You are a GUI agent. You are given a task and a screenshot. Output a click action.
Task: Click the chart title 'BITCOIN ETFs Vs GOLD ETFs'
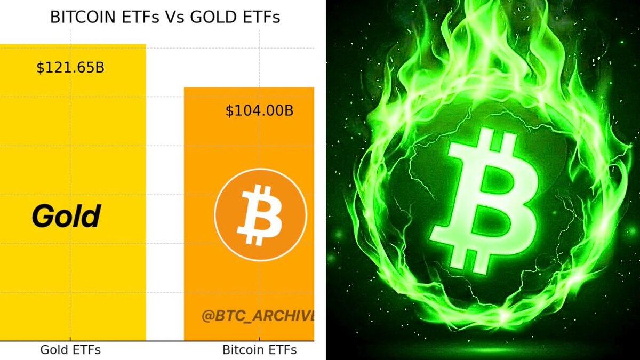165,17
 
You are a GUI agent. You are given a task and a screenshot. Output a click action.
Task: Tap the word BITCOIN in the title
83,17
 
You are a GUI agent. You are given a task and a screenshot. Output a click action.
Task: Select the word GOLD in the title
214,17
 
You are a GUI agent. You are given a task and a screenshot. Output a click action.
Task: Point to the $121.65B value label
70,68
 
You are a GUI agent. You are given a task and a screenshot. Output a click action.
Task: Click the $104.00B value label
259,110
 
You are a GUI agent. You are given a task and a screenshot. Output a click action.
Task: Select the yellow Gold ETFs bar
73,193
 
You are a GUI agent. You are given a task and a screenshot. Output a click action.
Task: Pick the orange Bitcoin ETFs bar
249,214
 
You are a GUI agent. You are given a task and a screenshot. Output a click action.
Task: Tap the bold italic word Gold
66,216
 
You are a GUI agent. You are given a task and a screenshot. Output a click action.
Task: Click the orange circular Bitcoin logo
261,215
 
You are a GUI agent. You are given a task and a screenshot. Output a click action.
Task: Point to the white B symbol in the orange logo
259,215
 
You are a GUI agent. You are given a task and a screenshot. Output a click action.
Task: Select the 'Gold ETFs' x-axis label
70,350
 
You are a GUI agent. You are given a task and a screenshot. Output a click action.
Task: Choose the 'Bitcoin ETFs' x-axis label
259,350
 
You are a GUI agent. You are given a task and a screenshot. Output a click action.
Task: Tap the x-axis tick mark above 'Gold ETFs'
70,339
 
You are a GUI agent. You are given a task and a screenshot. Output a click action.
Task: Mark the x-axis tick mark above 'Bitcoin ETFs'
259,339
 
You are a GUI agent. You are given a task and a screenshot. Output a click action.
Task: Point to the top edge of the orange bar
249,87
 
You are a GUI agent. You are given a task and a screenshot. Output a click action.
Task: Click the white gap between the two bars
165,200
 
